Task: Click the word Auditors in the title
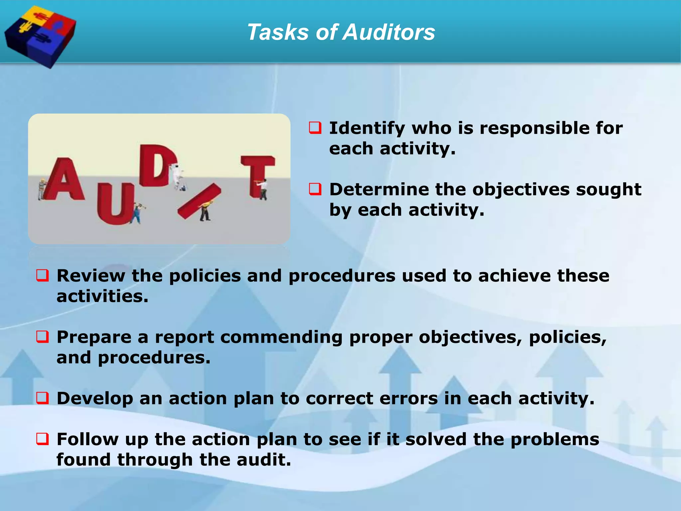389,33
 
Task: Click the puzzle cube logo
40,36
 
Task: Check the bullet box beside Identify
315,128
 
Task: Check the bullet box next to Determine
315,189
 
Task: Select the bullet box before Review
43,275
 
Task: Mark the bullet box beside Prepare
43,337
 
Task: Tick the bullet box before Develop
43,398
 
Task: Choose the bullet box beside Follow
43,439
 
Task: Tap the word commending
281,337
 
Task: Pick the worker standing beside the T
263,189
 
